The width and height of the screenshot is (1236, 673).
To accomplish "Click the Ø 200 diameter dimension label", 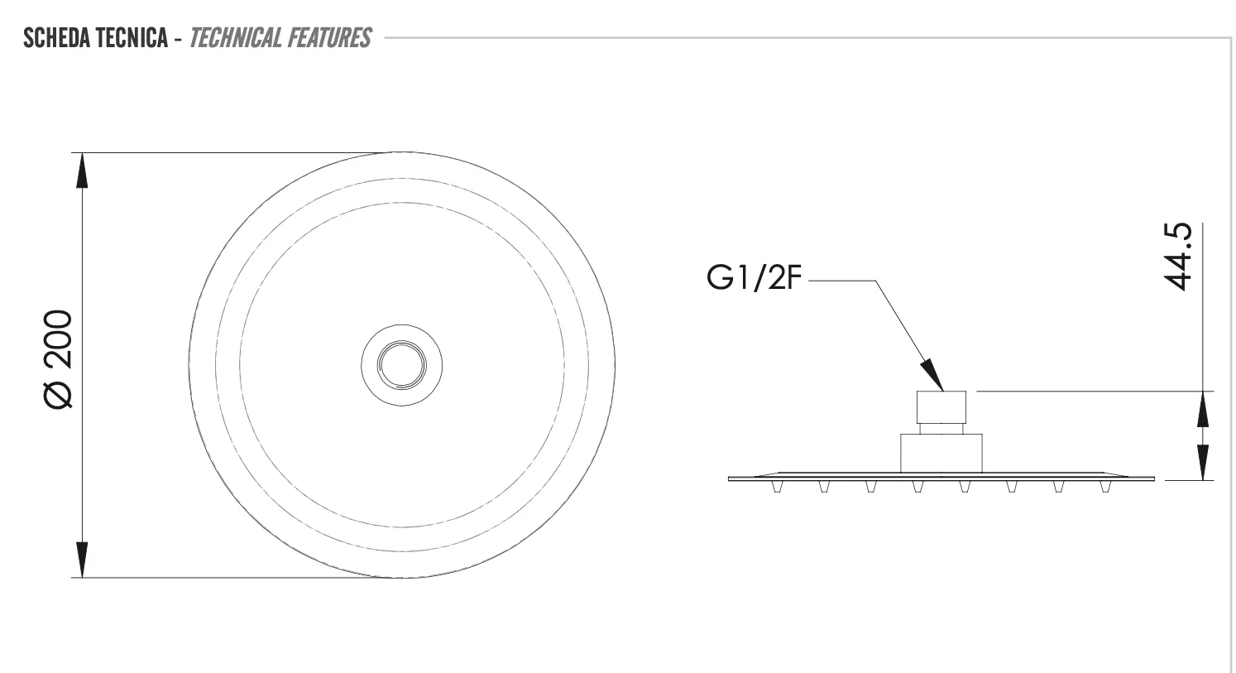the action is pyautogui.click(x=58, y=359).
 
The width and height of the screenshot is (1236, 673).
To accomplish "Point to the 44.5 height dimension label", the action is pyautogui.click(x=1177, y=257).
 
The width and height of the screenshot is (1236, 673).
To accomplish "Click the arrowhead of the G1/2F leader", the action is pyautogui.click(x=932, y=375).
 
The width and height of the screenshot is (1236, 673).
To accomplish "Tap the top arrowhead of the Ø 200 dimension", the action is pyautogui.click(x=82, y=171).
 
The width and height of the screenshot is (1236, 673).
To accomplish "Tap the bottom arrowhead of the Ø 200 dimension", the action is pyautogui.click(x=82, y=560).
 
